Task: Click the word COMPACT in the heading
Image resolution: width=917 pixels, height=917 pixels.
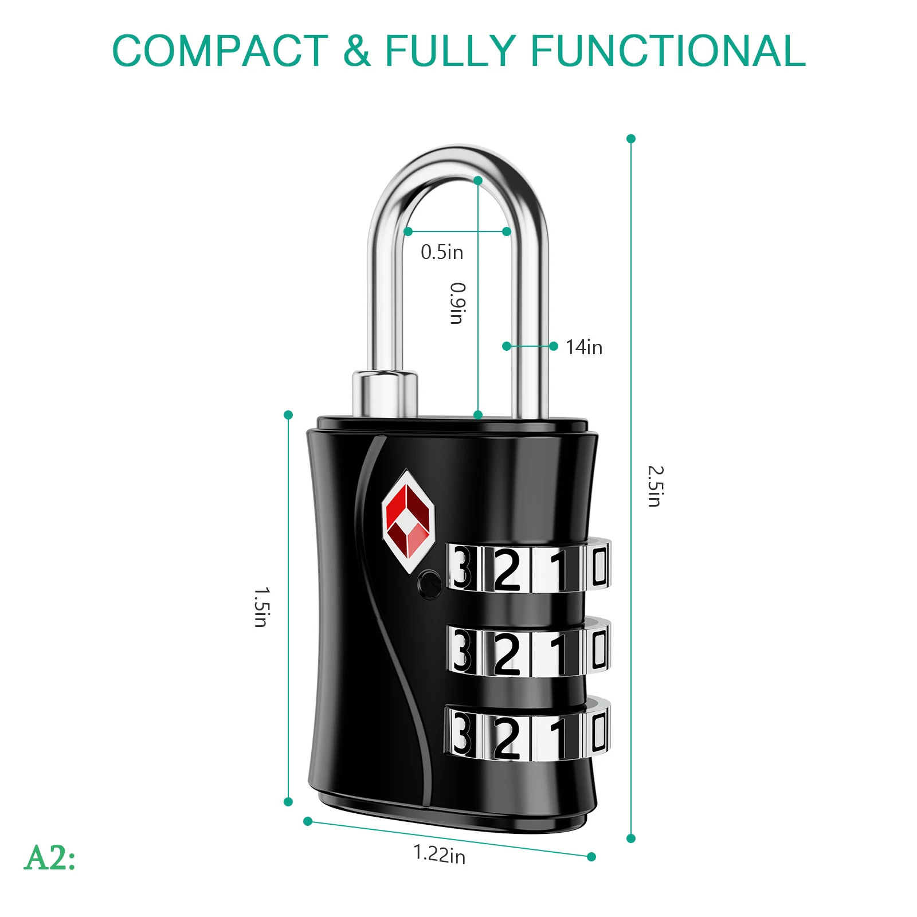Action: coord(220,51)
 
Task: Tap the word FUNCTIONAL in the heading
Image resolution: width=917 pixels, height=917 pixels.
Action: coord(668,51)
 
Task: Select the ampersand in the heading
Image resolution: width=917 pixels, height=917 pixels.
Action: coord(356,51)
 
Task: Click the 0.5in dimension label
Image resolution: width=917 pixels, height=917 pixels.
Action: coord(442,252)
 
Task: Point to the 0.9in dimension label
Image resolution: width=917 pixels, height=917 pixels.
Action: coord(457,303)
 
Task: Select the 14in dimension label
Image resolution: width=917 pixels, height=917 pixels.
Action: coord(584,347)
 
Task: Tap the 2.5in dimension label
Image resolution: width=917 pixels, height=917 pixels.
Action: coord(655,486)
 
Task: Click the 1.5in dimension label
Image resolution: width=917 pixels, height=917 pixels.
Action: coord(261,607)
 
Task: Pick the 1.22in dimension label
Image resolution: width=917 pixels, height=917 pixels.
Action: coord(440,854)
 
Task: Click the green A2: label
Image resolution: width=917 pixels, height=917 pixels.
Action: coord(50,858)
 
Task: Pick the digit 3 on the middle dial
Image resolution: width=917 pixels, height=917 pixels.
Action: coord(462,652)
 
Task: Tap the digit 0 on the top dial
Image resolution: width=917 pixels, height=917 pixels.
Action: coord(599,566)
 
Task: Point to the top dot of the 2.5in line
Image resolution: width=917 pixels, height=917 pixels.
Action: coord(631,139)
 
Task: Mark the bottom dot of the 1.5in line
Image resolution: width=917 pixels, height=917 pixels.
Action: coord(288,802)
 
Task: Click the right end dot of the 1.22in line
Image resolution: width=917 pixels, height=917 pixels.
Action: coord(591,857)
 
